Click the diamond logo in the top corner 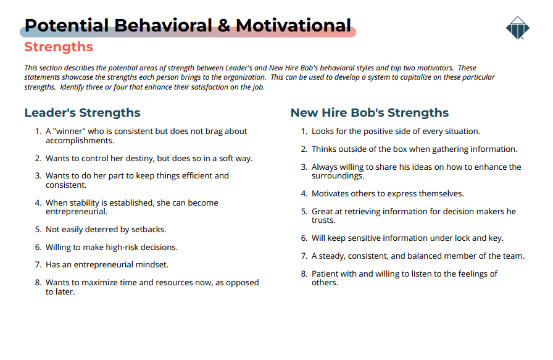(517, 28)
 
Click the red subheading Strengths (59, 46)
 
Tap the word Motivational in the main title (293, 25)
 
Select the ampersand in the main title (223, 25)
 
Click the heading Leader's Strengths (82, 112)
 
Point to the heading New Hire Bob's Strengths (370, 112)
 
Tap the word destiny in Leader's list (141, 159)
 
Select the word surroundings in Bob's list (338, 176)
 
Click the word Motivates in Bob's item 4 (329, 194)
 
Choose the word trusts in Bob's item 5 (323, 220)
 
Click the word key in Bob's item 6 (496, 238)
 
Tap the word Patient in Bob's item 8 (324, 274)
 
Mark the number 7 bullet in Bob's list (304, 256)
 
